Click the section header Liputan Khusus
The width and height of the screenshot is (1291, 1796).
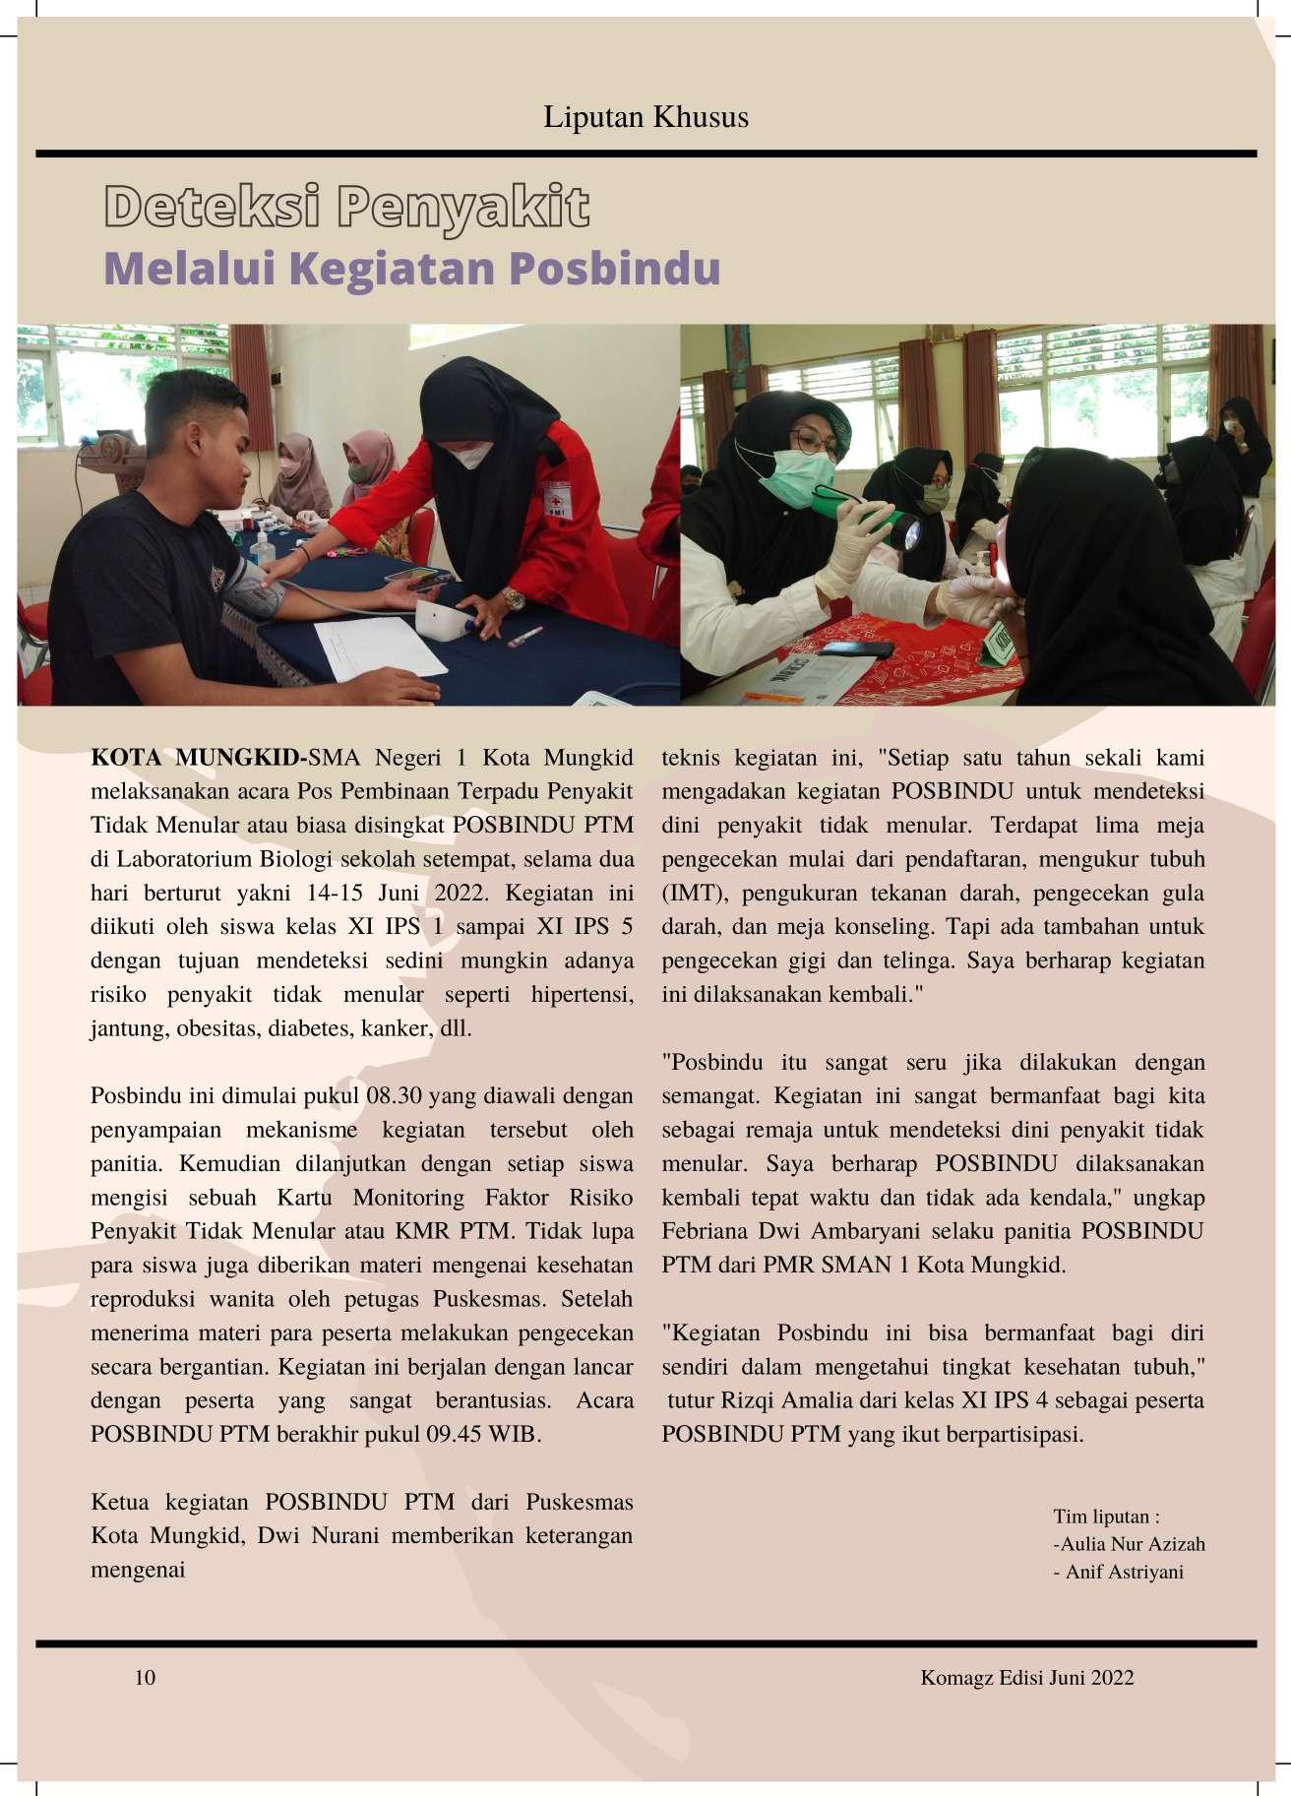[645, 117]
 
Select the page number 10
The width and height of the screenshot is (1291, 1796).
[145, 1677]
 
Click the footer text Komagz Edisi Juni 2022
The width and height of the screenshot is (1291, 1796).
[1026, 1677]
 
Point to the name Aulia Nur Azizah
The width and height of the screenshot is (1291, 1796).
[1133, 1544]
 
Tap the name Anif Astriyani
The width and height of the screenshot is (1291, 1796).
[1125, 1572]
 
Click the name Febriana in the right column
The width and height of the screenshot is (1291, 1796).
[706, 1231]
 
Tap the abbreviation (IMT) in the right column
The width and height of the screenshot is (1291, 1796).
[694, 894]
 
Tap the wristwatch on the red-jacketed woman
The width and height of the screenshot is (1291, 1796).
[512, 598]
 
